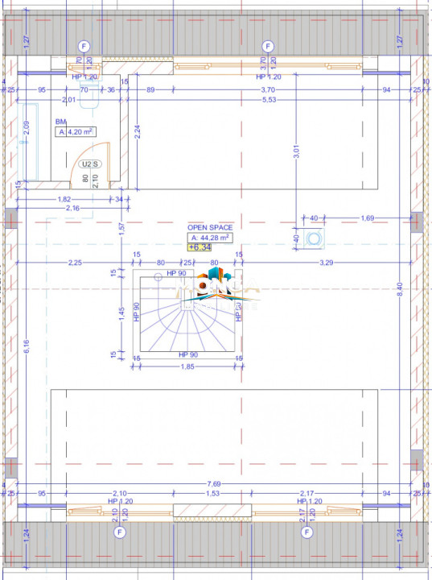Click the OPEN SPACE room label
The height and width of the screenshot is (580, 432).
tap(211, 228)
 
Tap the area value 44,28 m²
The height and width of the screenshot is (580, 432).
tap(211, 238)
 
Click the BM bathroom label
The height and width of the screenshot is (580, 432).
tap(60, 122)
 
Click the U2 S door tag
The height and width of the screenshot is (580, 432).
tap(89, 164)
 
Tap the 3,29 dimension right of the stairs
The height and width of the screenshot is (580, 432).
tap(327, 263)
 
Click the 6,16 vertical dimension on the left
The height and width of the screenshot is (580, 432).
tap(27, 346)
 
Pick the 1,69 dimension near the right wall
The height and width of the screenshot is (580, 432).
tap(367, 217)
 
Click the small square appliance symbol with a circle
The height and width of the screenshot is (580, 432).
tap(313, 238)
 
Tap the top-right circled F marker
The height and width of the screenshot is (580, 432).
tap(268, 45)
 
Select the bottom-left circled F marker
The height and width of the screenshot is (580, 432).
tap(120, 532)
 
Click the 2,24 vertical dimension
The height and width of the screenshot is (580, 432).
tap(138, 133)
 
